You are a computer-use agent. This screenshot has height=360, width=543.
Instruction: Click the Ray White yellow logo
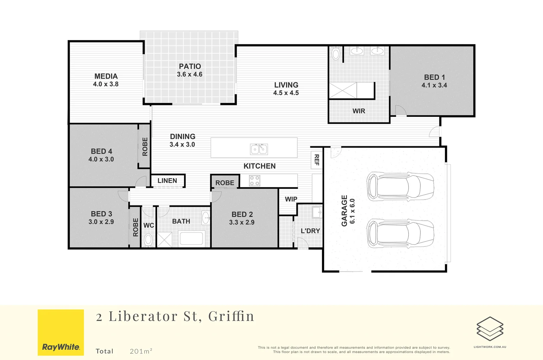(x=61, y=332)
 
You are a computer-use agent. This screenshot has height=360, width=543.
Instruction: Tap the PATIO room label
(x=190, y=66)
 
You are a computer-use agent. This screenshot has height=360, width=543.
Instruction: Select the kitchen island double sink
(x=259, y=149)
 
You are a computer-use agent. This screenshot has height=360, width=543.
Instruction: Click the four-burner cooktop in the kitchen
(x=255, y=181)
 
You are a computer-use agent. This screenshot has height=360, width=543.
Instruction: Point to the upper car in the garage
(x=400, y=187)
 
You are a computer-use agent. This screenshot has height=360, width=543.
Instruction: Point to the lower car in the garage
(x=400, y=233)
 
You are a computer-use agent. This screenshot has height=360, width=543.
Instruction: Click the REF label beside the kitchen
(x=317, y=160)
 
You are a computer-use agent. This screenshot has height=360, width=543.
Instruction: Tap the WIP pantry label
(x=291, y=199)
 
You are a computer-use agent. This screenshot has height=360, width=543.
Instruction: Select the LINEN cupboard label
(x=167, y=181)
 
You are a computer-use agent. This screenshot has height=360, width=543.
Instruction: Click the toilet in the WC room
(x=148, y=239)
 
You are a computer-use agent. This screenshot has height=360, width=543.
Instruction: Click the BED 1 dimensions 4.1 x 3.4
(x=434, y=85)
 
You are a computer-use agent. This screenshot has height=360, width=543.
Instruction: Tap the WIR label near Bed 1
(x=359, y=111)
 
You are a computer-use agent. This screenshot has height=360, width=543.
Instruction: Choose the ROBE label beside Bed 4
(x=145, y=147)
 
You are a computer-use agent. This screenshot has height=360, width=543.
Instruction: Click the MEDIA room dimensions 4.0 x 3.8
(x=106, y=84)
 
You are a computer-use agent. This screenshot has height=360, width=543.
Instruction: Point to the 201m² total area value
(x=141, y=351)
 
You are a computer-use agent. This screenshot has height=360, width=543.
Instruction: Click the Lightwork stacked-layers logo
(x=490, y=329)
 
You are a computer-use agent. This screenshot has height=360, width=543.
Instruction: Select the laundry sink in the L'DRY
(x=317, y=212)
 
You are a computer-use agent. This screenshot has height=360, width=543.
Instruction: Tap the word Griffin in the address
(x=231, y=316)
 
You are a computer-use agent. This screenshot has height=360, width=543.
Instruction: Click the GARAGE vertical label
(x=344, y=211)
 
